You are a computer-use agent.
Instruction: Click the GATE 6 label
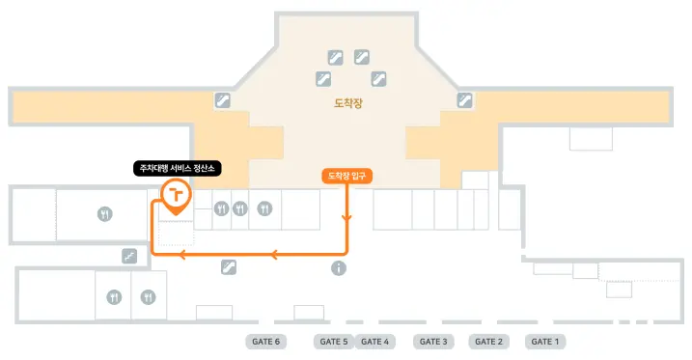click(x=265, y=342)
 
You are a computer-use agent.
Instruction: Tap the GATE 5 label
click(x=334, y=342)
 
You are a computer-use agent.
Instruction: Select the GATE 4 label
click(x=374, y=342)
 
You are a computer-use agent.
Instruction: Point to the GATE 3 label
click(x=433, y=342)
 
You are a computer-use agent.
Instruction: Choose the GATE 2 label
click(x=488, y=342)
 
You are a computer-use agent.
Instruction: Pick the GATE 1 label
click(x=545, y=342)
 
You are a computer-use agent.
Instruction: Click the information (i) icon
click(x=339, y=267)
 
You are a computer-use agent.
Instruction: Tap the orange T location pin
click(x=176, y=196)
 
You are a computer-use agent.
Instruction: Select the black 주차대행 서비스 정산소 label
click(x=177, y=168)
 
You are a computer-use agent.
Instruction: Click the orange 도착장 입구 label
click(x=346, y=176)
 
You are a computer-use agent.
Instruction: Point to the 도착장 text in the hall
click(x=348, y=103)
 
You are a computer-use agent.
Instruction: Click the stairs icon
click(x=129, y=256)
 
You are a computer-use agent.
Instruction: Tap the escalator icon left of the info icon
click(x=229, y=267)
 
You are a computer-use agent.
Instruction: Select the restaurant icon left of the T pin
click(x=104, y=214)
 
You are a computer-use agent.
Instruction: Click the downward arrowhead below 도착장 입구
click(x=346, y=218)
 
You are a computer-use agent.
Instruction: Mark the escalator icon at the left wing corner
click(x=222, y=100)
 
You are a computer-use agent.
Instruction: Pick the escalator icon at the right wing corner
click(x=464, y=100)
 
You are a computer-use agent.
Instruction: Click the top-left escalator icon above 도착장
click(x=336, y=57)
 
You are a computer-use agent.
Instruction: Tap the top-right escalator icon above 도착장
click(x=362, y=57)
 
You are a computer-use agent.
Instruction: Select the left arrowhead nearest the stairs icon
click(x=181, y=254)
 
